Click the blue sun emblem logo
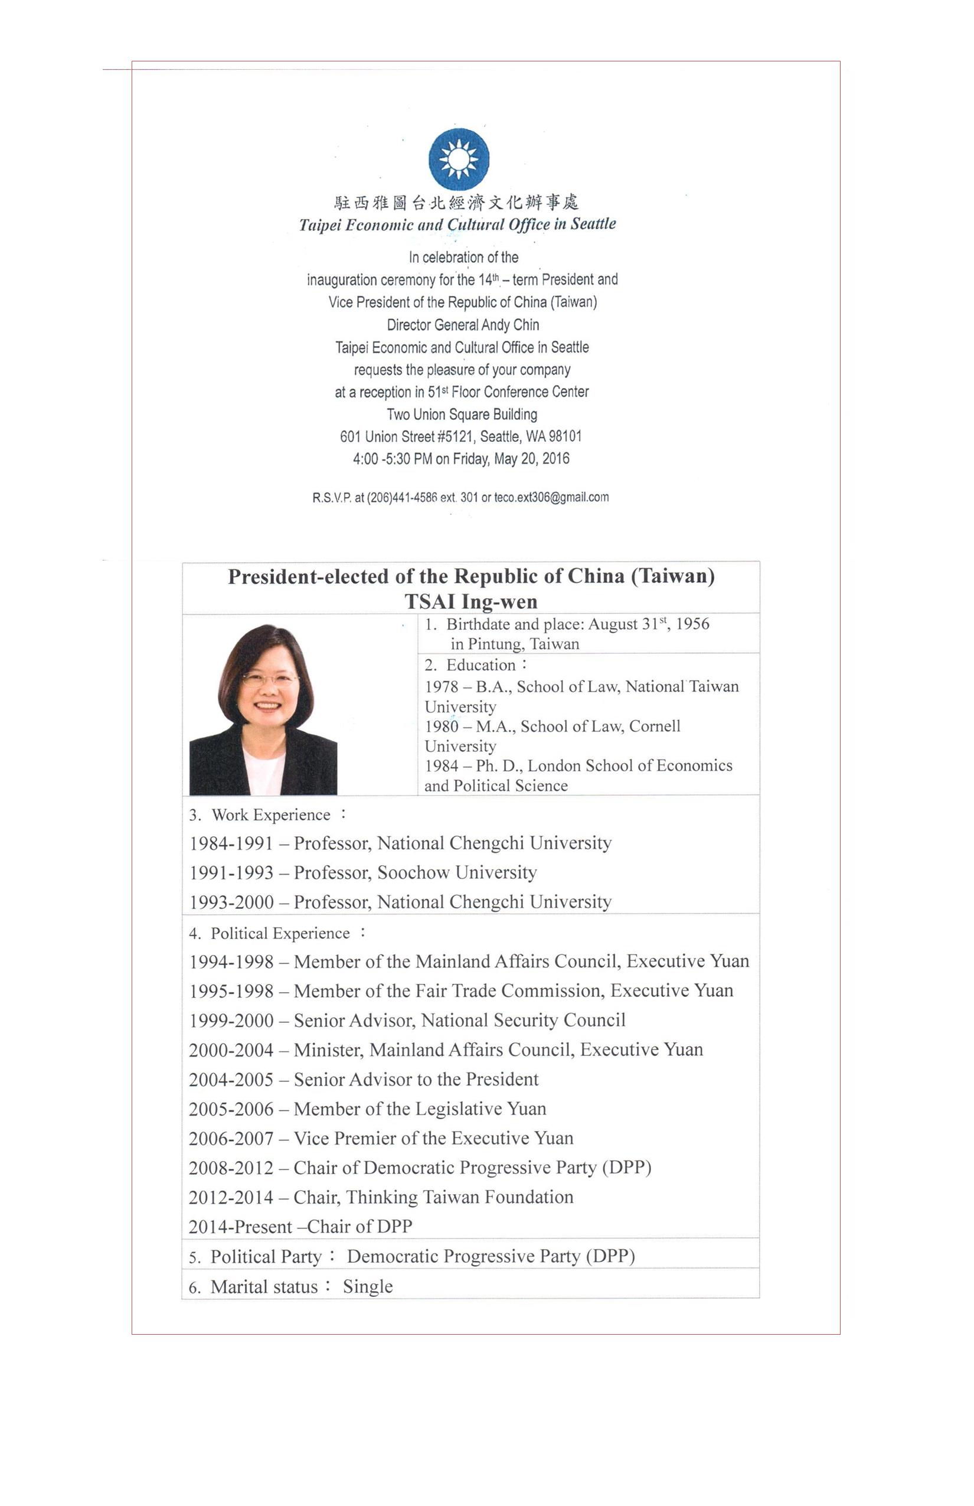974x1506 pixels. point(459,159)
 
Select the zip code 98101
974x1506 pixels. point(565,436)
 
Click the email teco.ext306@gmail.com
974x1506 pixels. point(551,497)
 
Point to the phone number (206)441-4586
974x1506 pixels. point(401,498)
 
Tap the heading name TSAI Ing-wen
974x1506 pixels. point(471,601)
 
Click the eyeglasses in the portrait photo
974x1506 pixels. point(269,680)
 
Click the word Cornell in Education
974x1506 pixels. point(655,726)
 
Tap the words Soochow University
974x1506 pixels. point(457,873)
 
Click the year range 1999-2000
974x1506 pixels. point(231,1021)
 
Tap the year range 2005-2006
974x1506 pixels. point(231,1109)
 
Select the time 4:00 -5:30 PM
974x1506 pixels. point(392,459)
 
